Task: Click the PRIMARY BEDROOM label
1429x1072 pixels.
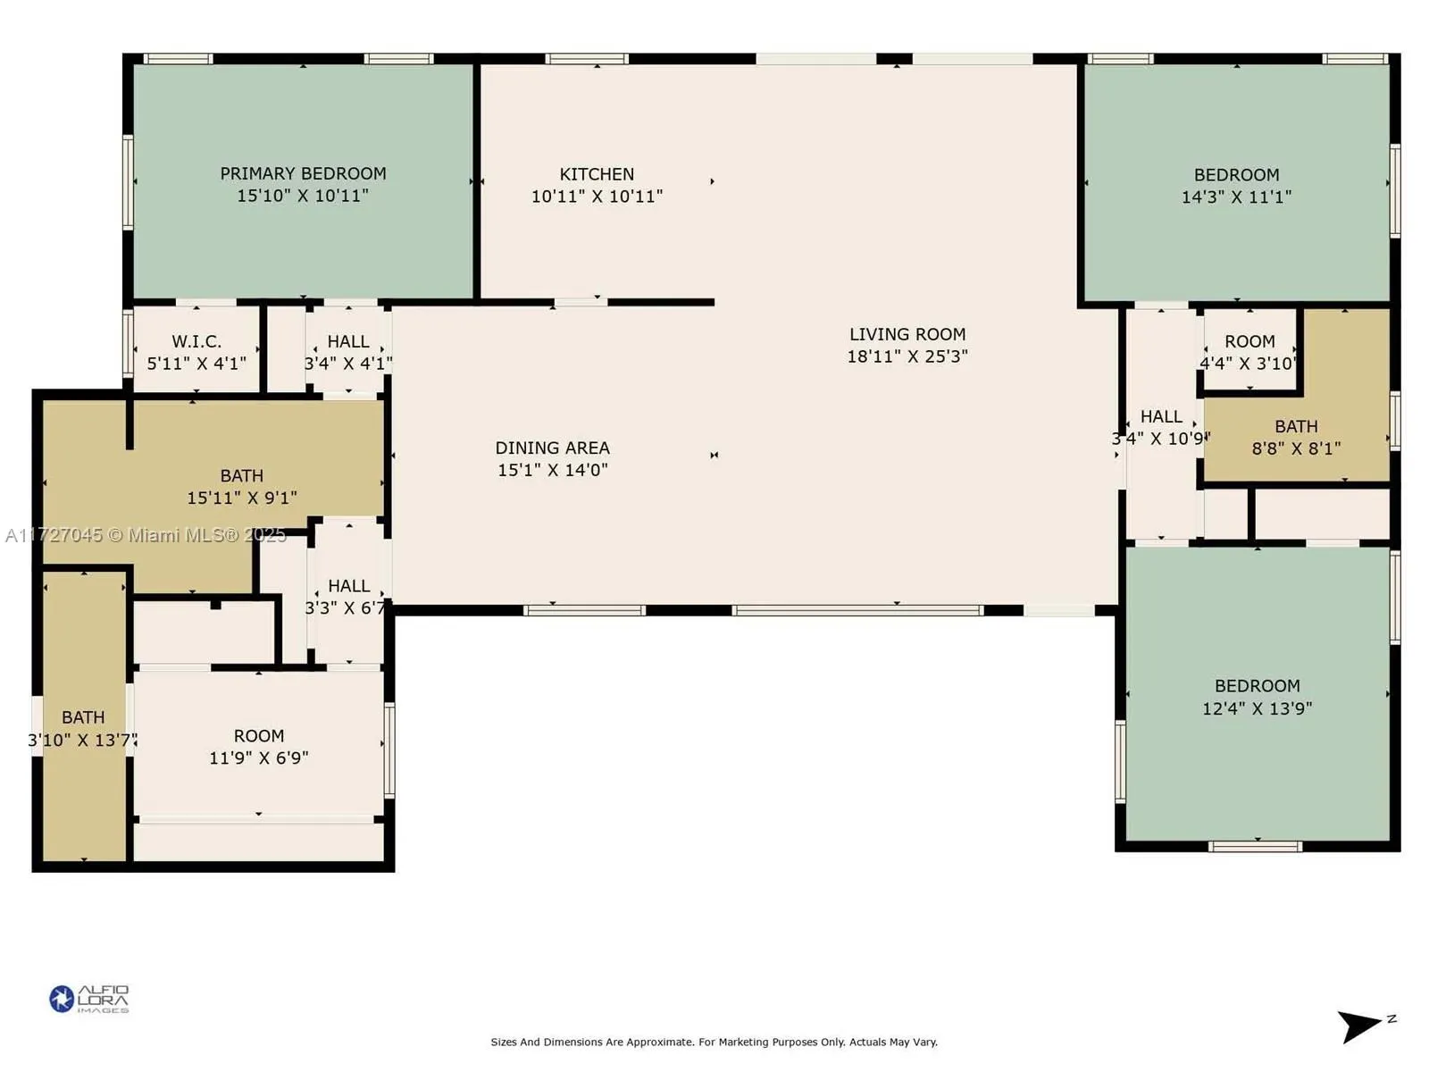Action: (303, 173)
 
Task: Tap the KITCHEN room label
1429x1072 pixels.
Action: (597, 174)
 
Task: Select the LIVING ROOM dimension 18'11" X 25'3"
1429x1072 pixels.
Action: (907, 356)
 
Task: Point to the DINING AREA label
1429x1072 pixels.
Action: (552, 448)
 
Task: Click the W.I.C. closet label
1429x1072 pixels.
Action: (196, 341)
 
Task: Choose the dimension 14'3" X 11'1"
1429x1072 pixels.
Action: (1236, 197)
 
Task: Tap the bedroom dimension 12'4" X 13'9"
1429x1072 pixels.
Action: (1257, 708)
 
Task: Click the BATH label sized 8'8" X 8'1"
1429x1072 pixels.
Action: (1296, 427)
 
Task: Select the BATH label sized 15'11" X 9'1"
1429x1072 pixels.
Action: (242, 476)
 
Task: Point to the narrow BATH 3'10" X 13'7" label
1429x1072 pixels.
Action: (83, 717)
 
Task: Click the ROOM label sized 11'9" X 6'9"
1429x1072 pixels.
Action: (259, 736)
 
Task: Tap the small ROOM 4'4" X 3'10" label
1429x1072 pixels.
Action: (1249, 341)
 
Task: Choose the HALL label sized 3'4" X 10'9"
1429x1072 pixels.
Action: (1161, 417)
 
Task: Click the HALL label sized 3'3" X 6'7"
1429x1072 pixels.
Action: (348, 586)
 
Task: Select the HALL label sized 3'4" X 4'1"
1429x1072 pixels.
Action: (348, 341)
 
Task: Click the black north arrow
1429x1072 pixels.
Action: (1359, 1026)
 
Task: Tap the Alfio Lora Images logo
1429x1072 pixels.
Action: (89, 998)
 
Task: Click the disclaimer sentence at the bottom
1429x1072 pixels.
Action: (714, 1042)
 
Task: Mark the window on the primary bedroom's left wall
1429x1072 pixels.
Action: (128, 181)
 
